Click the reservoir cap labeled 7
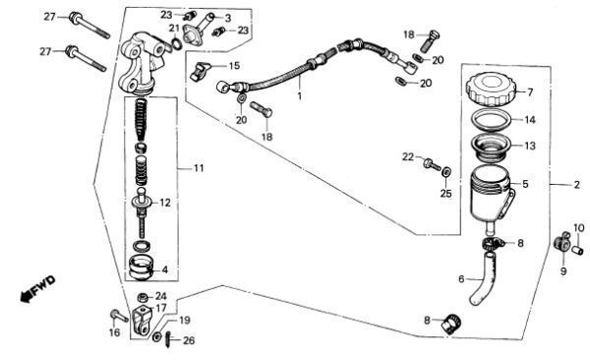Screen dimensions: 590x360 [x=489, y=89]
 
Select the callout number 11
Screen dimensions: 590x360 [x=199, y=168]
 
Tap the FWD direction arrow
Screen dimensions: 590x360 [x=37, y=289]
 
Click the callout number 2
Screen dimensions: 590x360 [x=577, y=185]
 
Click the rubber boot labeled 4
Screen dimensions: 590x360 [x=142, y=268]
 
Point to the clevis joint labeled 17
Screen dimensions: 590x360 [x=142, y=321]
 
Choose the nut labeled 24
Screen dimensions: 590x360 [x=143, y=297]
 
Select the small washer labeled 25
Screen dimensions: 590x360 [x=446, y=172]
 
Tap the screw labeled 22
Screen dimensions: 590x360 [x=432, y=164]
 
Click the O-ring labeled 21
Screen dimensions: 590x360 [x=177, y=43]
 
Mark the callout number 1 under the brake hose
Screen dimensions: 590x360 [x=300, y=96]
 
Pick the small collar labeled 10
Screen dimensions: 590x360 [x=577, y=250]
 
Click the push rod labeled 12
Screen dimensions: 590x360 [x=142, y=211]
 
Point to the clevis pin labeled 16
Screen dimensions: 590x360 [x=119, y=316]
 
